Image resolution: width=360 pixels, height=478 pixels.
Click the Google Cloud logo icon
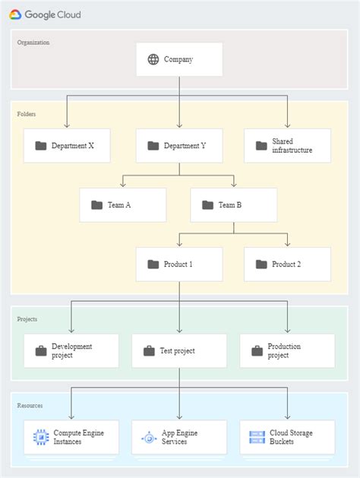point(15,14)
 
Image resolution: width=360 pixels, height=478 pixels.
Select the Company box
point(179,59)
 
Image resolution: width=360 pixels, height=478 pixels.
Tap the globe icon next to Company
point(153,59)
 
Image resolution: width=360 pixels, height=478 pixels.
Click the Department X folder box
point(67,145)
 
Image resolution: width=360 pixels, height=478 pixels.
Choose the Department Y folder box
point(179,145)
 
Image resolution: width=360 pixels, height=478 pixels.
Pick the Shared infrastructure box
point(287,145)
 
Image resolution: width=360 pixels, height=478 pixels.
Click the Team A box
point(122,204)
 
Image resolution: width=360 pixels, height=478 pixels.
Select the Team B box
point(233,204)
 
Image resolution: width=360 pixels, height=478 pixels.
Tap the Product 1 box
point(179,264)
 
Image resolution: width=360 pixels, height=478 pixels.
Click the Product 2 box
point(287,264)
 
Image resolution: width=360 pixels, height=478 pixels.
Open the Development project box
point(71,351)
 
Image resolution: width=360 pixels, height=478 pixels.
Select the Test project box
point(179,351)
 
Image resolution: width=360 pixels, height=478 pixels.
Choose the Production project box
point(286,351)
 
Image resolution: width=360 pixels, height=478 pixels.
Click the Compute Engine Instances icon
point(40,437)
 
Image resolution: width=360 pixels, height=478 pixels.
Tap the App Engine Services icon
point(149,437)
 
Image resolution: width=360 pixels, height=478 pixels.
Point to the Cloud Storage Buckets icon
point(257,437)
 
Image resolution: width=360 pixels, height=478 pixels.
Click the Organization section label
point(33,43)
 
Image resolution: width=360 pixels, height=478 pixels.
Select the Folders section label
point(27,114)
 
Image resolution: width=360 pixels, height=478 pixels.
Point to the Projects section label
point(27,319)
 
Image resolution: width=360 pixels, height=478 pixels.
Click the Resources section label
point(30,406)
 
